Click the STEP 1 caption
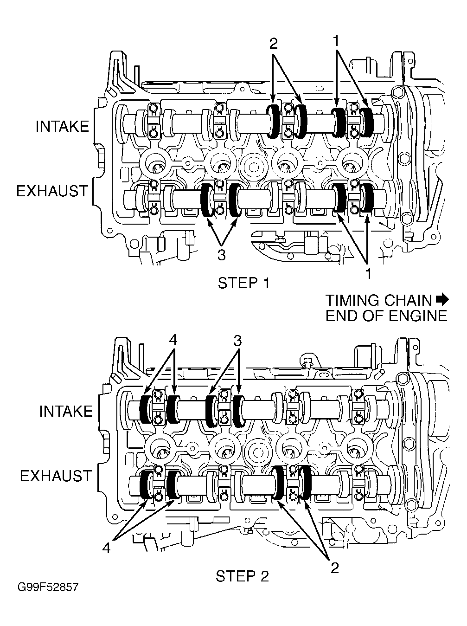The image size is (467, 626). tap(243, 283)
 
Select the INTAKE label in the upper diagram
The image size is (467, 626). tap(63, 126)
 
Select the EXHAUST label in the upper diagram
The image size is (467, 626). tap(52, 191)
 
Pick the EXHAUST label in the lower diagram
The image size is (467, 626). tap(56, 476)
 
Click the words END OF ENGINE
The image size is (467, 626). tap(386, 316)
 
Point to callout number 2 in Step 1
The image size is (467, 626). tap(273, 44)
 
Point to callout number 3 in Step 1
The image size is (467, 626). tap(221, 255)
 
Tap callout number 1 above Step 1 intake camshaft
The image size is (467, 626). tap(337, 41)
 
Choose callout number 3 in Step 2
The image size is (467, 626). tap(237, 341)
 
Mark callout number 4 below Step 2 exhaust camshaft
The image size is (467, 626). tap(106, 548)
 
